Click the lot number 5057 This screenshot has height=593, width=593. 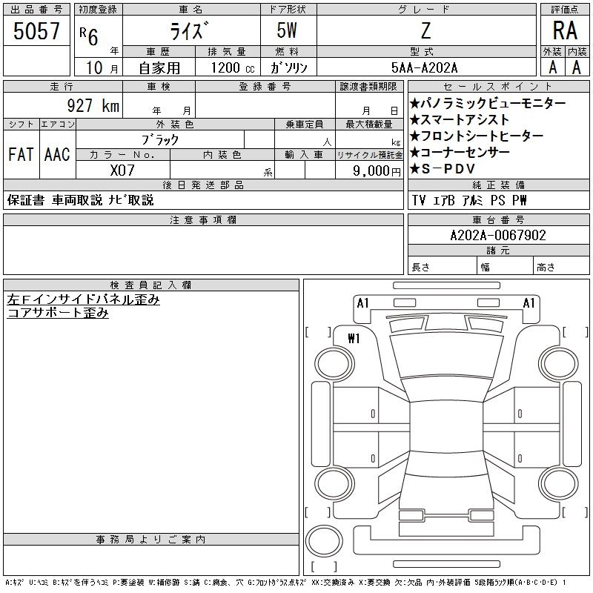[36, 30]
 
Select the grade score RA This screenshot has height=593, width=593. [565, 30]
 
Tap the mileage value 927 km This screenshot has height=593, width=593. [93, 105]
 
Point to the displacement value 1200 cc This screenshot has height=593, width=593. [233, 67]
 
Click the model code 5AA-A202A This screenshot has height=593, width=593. [424, 67]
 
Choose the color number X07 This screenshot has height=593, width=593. [122, 170]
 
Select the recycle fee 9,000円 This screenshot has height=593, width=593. [377, 171]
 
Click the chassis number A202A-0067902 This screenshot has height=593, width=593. [498, 235]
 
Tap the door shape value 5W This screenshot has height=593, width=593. [287, 30]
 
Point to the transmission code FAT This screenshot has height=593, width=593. [21, 154]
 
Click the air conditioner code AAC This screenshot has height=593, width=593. [57, 154]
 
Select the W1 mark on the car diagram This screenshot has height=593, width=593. [354, 338]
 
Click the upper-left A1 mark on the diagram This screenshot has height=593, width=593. [362, 303]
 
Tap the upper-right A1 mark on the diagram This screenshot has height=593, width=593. [529, 303]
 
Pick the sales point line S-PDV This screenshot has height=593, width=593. [443, 169]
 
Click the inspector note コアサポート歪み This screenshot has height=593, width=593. [58, 313]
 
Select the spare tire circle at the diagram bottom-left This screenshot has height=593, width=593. [324, 540]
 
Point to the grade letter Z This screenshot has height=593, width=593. [425, 30]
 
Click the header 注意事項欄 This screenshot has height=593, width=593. [203, 219]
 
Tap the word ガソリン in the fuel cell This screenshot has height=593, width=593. [288, 67]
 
